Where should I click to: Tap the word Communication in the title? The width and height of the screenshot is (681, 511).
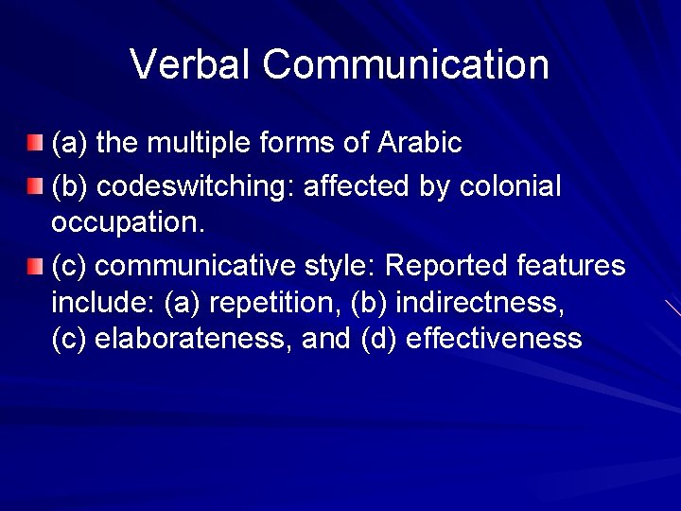pos(406,64)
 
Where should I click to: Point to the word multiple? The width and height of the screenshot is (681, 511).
pos(193,143)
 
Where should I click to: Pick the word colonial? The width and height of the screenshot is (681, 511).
pos(510,186)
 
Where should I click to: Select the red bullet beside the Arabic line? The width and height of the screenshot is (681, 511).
pos(34,143)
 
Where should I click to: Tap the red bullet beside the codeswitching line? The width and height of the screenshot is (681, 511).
pos(34,185)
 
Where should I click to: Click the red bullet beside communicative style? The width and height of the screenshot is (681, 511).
pos(34,266)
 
